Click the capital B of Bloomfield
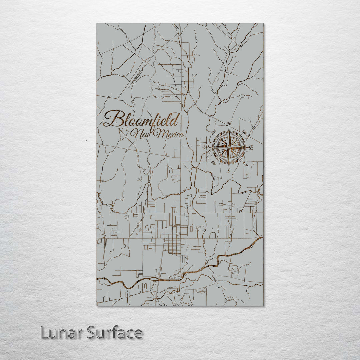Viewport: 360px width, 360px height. click(x=112, y=119)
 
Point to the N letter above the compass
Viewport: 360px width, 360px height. click(x=229, y=124)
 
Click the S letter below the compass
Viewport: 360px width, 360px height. click(x=228, y=171)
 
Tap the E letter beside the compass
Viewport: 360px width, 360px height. click(x=252, y=147)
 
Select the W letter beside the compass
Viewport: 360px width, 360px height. click(x=206, y=147)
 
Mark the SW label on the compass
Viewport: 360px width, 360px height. click(x=213, y=163)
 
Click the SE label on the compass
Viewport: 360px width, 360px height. click(x=244, y=163)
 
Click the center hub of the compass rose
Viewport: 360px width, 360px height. click(x=229, y=147)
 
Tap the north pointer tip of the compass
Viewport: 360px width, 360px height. click(x=229, y=128)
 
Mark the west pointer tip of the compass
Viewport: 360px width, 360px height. click(x=210, y=147)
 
